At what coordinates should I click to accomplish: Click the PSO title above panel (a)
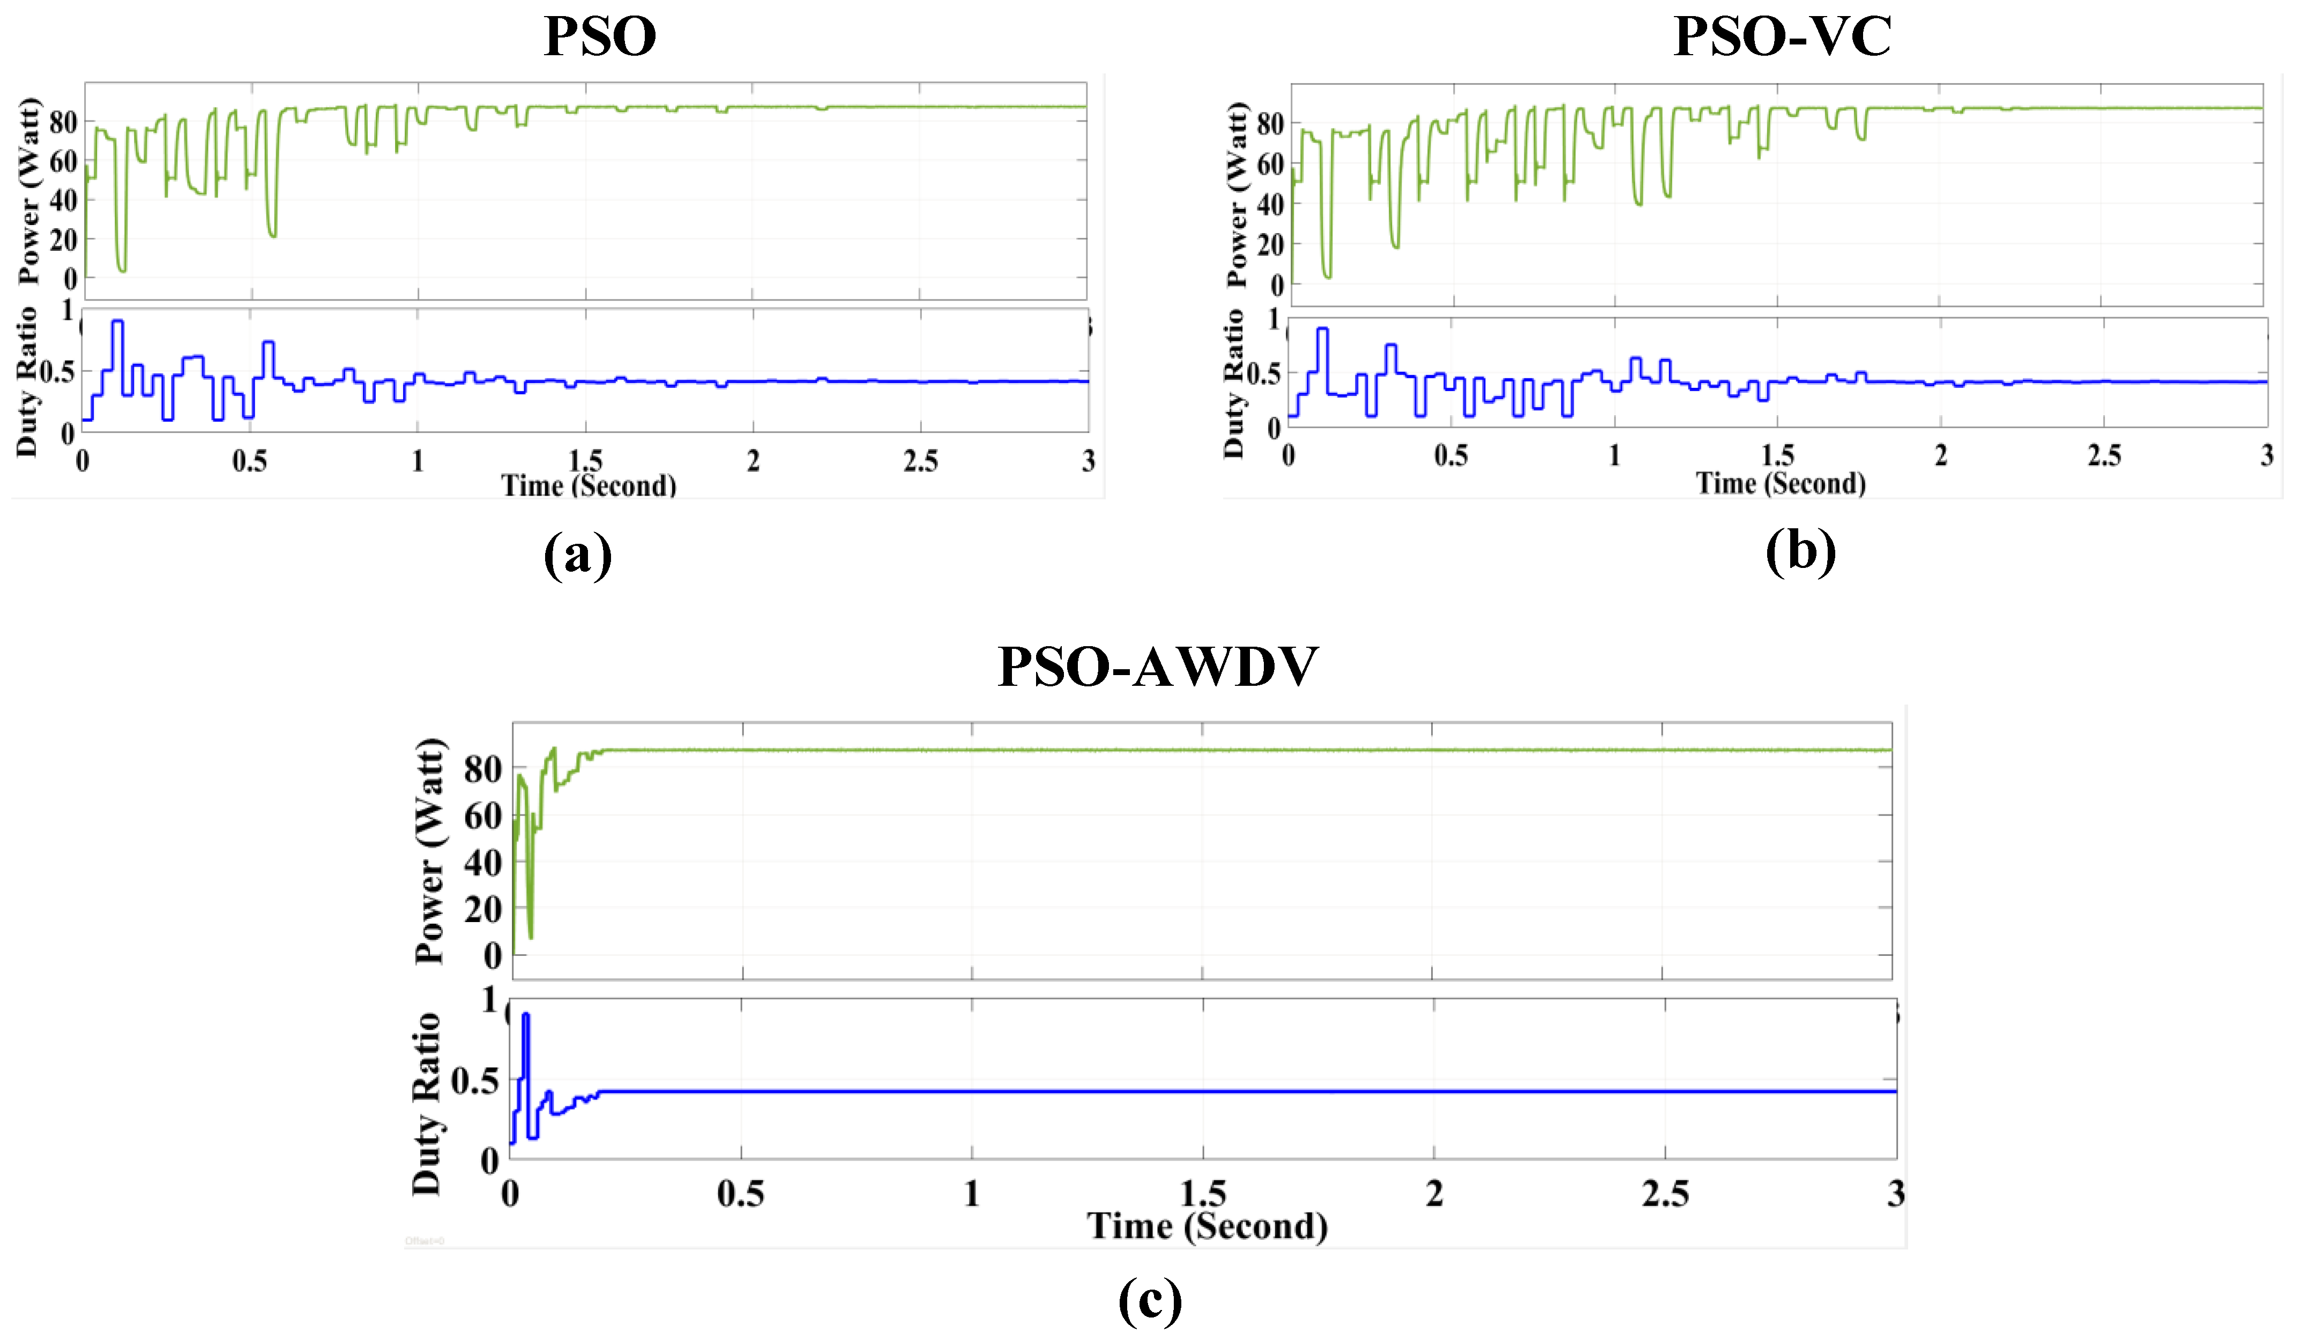600,36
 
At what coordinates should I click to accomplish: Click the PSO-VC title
1782,36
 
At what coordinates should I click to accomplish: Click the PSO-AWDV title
1158,667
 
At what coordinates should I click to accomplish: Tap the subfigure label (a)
577,553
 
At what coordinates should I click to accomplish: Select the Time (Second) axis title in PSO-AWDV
1207,1225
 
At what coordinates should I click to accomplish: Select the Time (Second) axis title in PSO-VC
1781,482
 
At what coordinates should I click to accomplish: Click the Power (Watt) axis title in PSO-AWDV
429,851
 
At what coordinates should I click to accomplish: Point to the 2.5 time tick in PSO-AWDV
1665,1193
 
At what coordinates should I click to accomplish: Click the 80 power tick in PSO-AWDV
482,769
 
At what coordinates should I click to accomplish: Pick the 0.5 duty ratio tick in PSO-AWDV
475,1082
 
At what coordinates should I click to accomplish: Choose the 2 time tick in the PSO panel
753,461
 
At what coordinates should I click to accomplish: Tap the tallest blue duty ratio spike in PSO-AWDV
525,1016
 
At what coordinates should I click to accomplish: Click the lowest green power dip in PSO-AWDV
531,935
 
